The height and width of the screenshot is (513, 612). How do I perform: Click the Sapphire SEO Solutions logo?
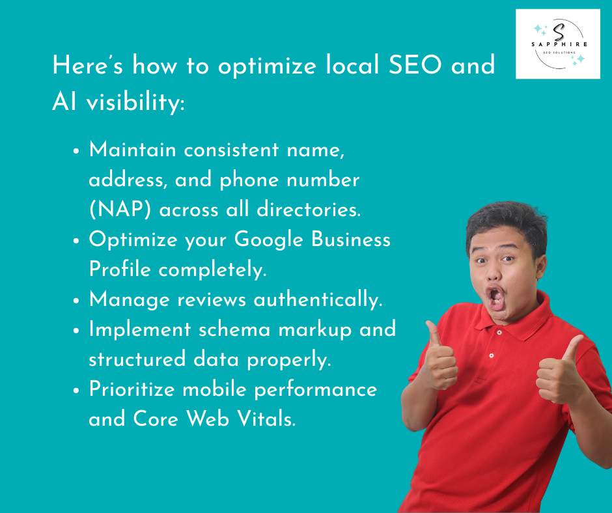point(557,44)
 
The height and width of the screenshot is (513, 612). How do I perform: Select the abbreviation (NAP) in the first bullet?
point(120,210)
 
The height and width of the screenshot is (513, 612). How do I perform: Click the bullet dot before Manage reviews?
point(76,301)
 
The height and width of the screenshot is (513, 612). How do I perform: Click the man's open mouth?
point(496,298)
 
